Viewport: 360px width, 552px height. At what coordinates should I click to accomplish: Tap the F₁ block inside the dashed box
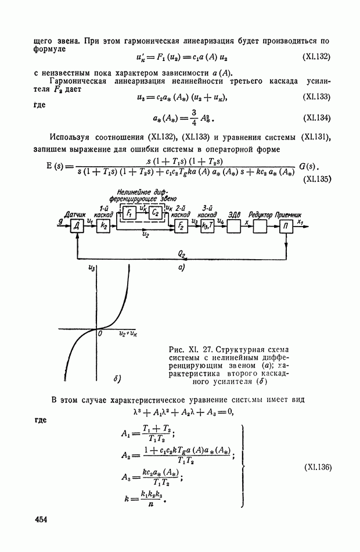[128, 212]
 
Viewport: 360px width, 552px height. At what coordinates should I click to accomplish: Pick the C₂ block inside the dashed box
[155, 212]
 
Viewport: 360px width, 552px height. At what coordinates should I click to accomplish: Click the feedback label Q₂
[181, 254]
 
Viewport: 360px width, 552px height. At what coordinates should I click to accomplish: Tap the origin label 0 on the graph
[100, 334]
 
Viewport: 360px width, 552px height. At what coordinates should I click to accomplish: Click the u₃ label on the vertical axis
[91, 267]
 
